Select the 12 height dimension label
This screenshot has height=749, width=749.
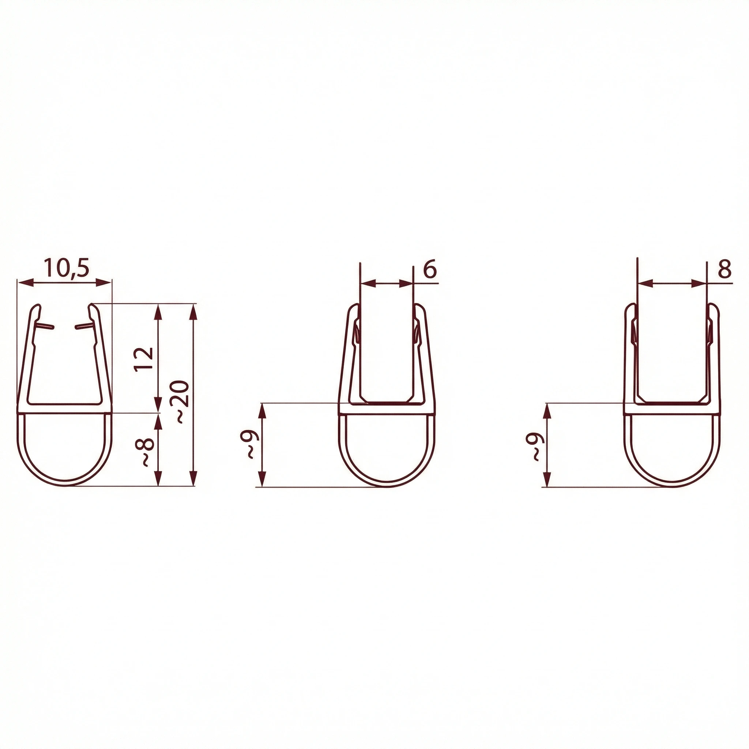click(144, 360)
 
